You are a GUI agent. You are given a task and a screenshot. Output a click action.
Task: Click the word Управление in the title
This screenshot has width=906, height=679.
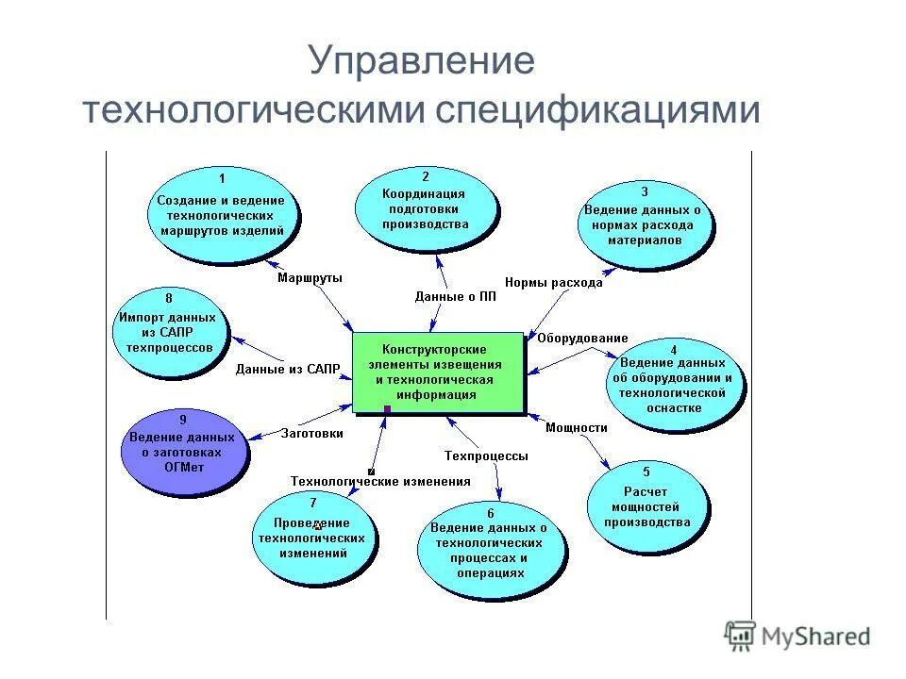click(421, 62)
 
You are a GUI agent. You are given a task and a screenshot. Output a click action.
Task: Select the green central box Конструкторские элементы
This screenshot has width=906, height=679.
click(437, 372)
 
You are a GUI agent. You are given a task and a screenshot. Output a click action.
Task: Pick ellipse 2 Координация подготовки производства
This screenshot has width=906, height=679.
click(425, 208)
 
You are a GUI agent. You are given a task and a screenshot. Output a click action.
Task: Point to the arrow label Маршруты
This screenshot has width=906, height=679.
click(310, 278)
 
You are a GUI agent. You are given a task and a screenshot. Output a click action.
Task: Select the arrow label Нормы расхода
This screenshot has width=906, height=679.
click(553, 282)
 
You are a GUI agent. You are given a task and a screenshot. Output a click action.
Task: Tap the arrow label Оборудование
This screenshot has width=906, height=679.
click(582, 339)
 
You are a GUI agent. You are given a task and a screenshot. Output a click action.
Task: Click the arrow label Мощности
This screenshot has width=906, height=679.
click(576, 427)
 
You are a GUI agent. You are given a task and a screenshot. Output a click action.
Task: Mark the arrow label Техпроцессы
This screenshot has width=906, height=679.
click(486, 455)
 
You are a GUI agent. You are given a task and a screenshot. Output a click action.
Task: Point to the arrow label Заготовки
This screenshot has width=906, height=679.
click(311, 434)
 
